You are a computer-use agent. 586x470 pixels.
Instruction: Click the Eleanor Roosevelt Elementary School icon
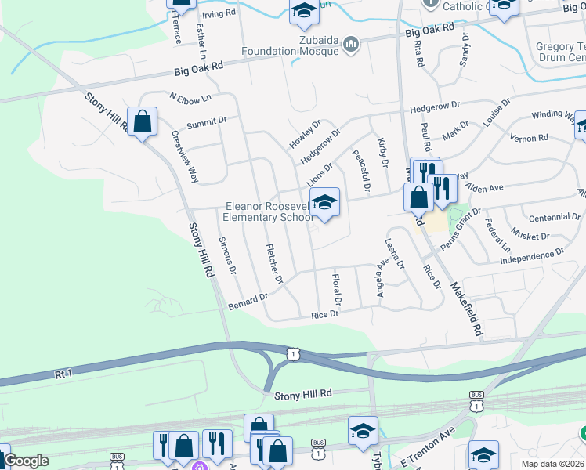[324, 203]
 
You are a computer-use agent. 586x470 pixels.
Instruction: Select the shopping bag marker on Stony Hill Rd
[143, 122]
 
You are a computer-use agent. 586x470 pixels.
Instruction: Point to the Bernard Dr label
[248, 301]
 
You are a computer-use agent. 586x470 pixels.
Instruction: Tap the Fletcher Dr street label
[274, 263]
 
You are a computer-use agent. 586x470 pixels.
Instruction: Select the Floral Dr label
[337, 289]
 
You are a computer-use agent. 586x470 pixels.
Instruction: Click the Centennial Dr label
[553, 216]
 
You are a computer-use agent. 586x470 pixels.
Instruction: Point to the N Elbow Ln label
[190, 97]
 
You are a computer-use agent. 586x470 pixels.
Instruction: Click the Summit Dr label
[206, 121]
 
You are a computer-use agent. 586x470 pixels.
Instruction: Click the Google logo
[26, 461]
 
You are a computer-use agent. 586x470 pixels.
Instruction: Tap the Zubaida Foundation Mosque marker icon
[352, 45]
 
